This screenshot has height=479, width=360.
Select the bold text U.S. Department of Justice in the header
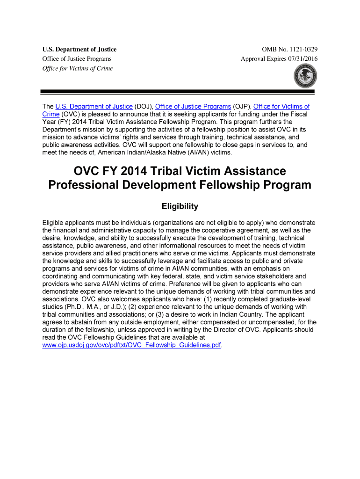(79, 50)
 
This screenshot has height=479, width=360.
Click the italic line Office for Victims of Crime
(78, 68)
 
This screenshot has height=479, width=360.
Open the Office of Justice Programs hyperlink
(193, 107)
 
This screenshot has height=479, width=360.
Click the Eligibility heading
(180, 206)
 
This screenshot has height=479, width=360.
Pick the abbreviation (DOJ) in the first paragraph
(144, 107)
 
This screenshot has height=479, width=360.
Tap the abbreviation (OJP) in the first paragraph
(242, 107)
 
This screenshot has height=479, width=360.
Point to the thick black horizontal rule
(180, 92)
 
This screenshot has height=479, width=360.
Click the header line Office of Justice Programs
(77, 59)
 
